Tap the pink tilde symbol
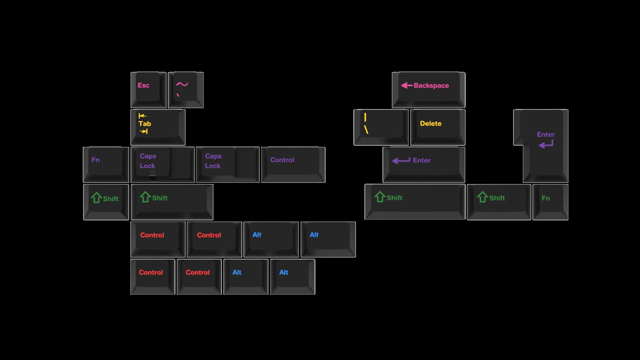182,84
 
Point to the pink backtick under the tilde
178,95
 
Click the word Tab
145,124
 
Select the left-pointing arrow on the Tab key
142,116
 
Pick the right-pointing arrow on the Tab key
143,132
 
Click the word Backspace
431,86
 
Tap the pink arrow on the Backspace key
407,85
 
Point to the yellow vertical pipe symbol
365,117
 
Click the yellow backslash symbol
366,129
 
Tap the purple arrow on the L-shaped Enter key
546,144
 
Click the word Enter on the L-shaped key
546,134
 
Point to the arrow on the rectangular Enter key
401,161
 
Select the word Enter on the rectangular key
422,160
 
